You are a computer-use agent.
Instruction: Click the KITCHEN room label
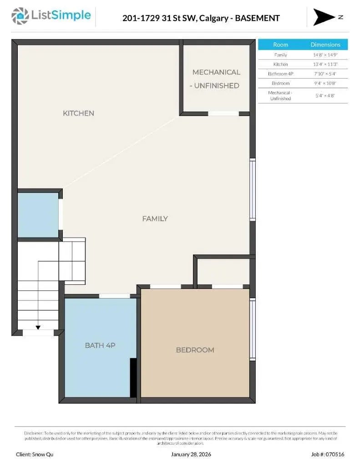pos(78,113)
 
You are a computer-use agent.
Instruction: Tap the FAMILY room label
pos(155,219)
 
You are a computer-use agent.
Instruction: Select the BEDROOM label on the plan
pos(195,350)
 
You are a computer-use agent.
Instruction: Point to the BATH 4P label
pos(100,345)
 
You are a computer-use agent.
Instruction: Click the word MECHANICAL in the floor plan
pos(216,72)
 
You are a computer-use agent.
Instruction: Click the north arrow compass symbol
pos(324,17)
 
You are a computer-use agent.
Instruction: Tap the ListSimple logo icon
pos(20,16)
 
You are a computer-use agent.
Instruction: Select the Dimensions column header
pos(325,45)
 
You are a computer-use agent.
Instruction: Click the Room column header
pos(280,45)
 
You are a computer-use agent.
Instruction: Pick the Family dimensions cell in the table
pos(325,55)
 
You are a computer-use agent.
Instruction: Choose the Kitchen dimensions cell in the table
pos(325,65)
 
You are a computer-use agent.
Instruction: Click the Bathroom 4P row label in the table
pos(280,74)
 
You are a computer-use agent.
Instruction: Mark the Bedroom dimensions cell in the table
pos(325,83)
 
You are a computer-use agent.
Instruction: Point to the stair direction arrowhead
pos(38,327)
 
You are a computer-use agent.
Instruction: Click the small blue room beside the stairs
pos(38,215)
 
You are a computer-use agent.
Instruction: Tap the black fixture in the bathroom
pos(133,377)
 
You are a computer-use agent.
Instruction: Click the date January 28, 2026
pos(191,454)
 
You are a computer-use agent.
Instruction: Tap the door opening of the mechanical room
pos(223,113)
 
